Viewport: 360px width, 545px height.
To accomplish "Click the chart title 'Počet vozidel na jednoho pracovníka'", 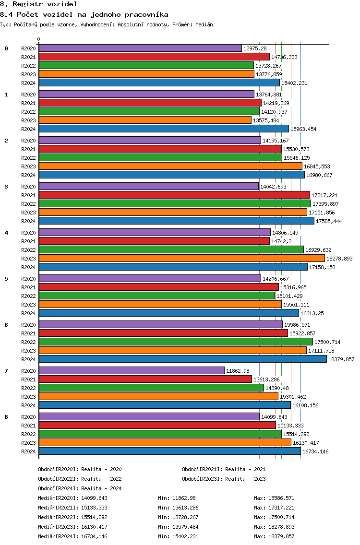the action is click(93, 14).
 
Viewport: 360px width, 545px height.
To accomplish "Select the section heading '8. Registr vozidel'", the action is click(38, 4).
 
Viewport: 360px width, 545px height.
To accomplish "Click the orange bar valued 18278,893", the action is click(182, 258).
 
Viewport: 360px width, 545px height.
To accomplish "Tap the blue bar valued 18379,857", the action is click(183, 359).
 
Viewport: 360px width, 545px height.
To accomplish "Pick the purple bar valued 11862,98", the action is click(132, 370).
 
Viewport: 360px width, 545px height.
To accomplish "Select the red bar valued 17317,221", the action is click(174, 195).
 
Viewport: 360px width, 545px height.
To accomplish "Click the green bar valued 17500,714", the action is click(176, 342).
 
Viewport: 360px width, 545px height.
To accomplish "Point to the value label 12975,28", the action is click(255, 48).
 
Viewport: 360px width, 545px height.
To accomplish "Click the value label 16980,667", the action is click(319, 175).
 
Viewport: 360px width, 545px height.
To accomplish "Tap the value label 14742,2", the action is click(281, 241).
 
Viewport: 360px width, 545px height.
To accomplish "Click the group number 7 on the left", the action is click(6, 371).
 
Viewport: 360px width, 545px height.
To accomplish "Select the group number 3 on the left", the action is click(6, 187).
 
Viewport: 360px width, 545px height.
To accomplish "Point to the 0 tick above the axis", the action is click(38, 39).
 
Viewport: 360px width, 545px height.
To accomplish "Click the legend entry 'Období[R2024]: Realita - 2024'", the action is click(80, 488).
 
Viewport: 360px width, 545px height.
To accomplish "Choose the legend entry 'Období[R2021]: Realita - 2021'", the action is click(224, 469).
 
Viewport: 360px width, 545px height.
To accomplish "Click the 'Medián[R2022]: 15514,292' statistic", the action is click(72, 517).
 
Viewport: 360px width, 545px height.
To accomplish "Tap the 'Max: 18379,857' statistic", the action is click(274, 536).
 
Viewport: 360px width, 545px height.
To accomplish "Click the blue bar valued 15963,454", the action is click(164, 129).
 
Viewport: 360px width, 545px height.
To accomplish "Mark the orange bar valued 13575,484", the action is click(145, 120).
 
